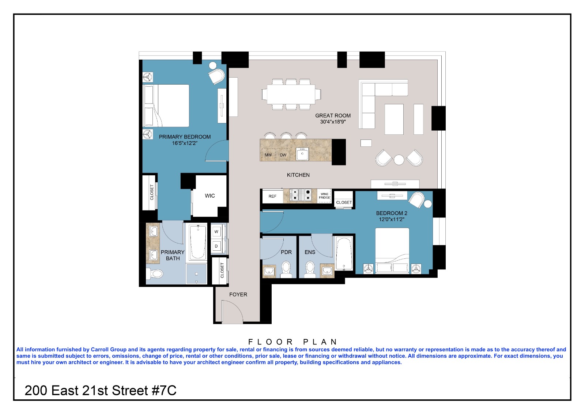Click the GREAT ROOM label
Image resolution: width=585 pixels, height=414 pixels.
[x=333, y=115]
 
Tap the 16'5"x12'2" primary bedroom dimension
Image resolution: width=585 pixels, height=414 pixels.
[x=185, y=143]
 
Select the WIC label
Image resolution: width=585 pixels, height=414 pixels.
[x=210, y=196]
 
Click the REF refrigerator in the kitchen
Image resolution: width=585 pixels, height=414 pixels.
[x=272, y=196]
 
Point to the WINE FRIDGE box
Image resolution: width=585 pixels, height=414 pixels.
[x=324, y=196]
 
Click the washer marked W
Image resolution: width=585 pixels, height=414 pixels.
[x=216, y=232]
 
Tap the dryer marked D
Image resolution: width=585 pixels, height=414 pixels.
[x=216, y=246]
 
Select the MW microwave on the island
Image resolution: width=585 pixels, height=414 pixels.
[x=268, y=155]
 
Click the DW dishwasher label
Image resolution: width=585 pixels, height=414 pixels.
[x=283, y=155]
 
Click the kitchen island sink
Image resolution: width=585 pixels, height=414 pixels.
[x=302, y=154]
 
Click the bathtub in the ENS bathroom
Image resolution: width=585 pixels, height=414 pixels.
[x=344, y=253]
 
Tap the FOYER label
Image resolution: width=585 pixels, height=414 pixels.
[x=238, y=294]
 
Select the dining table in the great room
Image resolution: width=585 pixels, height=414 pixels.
[x=291, y=94]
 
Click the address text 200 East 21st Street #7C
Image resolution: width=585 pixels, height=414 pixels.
[x=101, y=391]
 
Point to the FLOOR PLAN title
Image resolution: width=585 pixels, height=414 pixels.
[x=292, y=342]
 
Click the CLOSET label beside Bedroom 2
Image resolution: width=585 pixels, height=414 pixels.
[x=344, y=202]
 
